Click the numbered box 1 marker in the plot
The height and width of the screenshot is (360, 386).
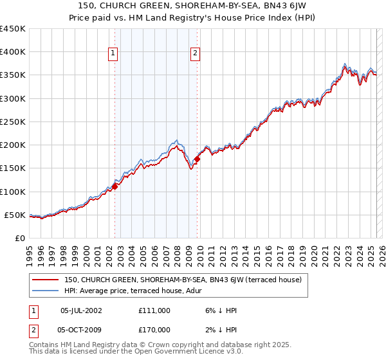tap(113, 54)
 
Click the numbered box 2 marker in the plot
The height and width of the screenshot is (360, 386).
tap(195, 54)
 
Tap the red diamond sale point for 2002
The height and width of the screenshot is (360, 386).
tap(115, 186)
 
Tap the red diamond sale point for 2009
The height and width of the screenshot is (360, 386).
tap(197, 159)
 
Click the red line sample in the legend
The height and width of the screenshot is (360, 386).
tap(45, 280)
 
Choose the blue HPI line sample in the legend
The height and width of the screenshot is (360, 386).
tap(45, 291)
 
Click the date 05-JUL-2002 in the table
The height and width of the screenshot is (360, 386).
tap(80, 310)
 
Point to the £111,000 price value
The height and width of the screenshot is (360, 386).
tap(154, 310)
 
